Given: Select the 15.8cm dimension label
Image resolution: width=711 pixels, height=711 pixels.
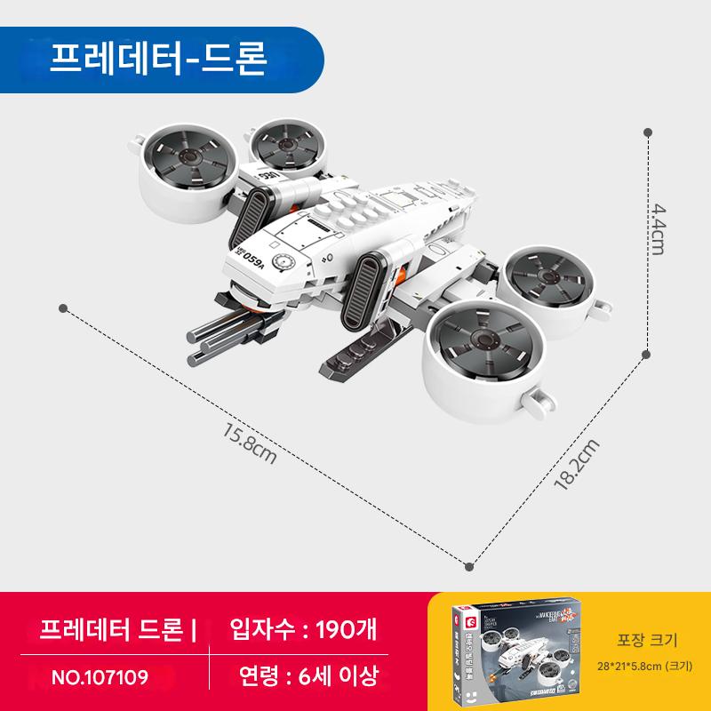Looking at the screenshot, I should pos(252,445).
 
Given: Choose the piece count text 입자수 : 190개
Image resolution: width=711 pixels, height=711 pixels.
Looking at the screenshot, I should pos(303,629).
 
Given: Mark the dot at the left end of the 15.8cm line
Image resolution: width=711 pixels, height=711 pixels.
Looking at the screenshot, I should pos(62,308).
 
